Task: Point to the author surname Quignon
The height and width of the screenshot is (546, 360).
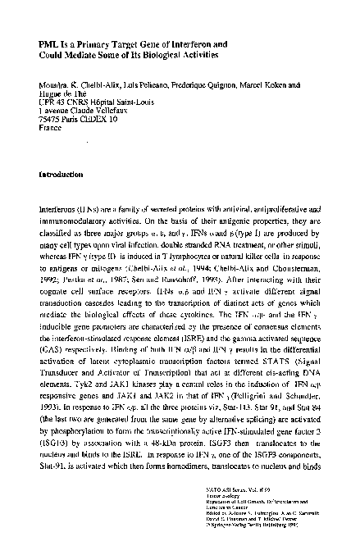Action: click(209, 84)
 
